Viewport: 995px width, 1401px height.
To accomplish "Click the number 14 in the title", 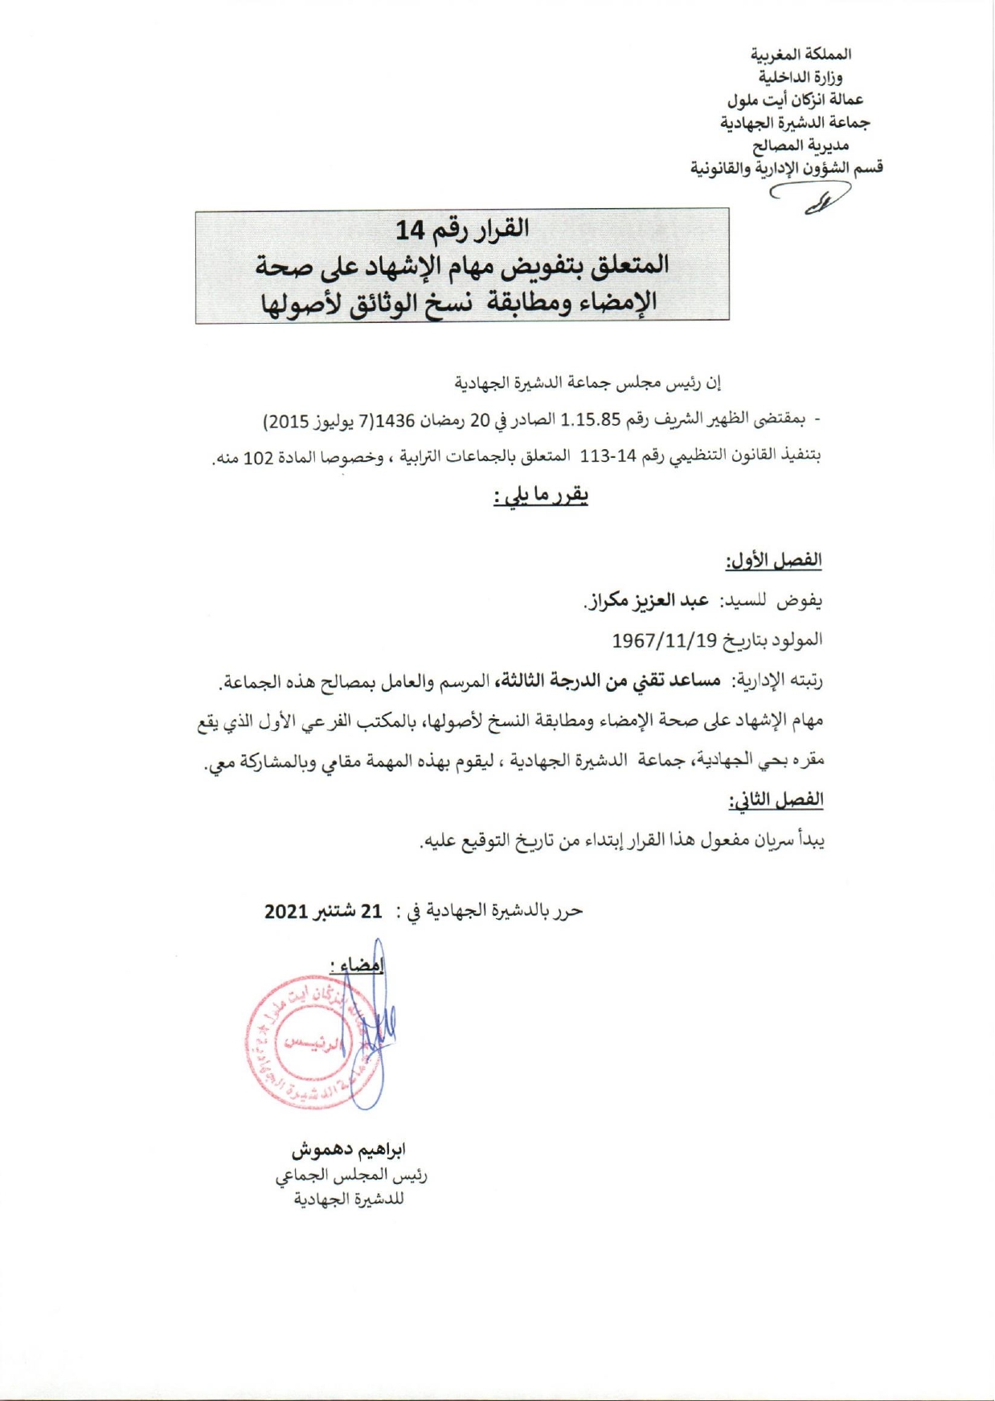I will coord(409,231).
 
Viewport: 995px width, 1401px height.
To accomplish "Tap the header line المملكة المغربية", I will coord(801,55).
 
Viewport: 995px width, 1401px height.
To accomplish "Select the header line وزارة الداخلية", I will coord(801,77).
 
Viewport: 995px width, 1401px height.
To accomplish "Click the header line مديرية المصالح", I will coord(801,145).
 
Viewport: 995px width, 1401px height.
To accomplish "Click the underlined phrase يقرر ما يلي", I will coord(541,496).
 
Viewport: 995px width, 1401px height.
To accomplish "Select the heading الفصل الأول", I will coord(773,561).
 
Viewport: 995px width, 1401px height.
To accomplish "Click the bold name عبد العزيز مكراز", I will coord(646,601).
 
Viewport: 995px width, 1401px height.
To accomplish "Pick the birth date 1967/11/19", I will coord(664,641).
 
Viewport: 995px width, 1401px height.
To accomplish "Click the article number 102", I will coord(259,459).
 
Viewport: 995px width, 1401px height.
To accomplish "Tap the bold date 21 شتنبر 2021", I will coord(323,911).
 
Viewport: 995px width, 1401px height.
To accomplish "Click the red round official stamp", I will coord(309,1043).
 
